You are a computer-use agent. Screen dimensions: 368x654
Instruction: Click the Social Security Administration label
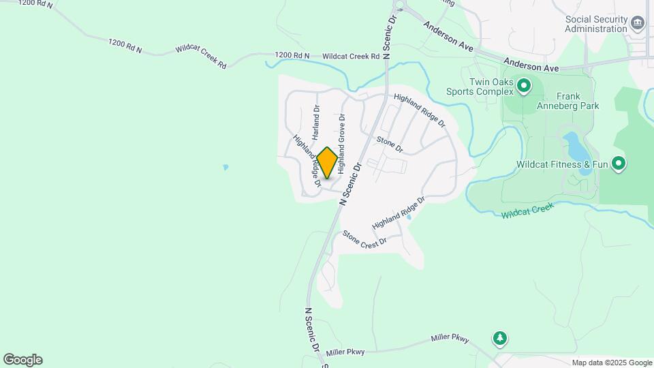point(595,24)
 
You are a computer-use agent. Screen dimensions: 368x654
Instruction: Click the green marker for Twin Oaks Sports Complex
point(523,87)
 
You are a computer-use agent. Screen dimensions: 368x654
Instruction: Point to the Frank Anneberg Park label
point(577,101)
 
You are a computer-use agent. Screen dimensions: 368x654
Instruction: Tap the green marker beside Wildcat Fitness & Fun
point(619,164)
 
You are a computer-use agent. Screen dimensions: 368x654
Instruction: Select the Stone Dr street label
point(390,144)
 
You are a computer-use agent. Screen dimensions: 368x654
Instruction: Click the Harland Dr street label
point(316,119)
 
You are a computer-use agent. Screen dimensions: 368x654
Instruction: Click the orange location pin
point(327,162)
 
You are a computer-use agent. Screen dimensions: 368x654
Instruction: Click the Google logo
point(22,360)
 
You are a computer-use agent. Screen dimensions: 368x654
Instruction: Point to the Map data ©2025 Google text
point(612,363)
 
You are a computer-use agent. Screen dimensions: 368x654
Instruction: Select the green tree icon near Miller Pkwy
point(500,337)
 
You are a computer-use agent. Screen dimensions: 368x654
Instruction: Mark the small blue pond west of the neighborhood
point(225,167)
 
